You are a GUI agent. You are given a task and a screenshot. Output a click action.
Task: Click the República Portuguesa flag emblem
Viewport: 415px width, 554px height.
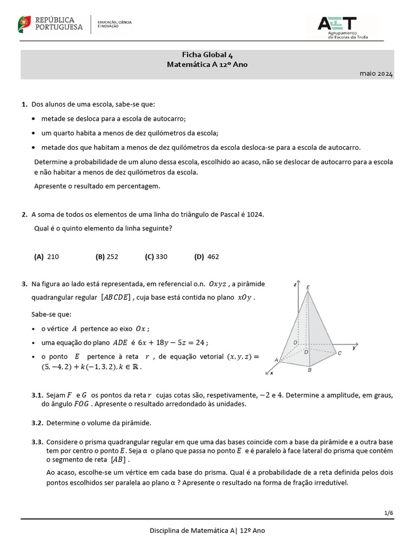tap(24, 23)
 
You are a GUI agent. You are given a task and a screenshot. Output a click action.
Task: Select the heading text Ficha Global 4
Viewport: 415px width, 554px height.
tap(207, 55)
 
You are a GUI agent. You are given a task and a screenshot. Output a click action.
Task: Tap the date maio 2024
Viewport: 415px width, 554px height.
tap(377, 73)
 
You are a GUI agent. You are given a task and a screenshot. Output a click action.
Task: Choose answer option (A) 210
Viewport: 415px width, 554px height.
tap(46, 257)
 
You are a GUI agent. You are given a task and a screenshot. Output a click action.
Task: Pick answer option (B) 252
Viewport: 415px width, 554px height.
tap(106, 257)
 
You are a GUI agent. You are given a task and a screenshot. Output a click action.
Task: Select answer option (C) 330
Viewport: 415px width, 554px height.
tap(156, 257)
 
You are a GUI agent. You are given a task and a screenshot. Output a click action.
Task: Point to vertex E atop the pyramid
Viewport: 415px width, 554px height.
tap(308, 287)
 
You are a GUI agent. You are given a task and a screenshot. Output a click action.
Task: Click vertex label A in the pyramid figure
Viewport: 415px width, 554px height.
tap(277, 360)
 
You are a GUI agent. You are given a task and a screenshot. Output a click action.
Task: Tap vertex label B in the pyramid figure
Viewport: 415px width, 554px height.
tap(309, 371)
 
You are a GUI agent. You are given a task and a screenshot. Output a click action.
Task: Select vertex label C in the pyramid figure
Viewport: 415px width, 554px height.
tap(340, 353)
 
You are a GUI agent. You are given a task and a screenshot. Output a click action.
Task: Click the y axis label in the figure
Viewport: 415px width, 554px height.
tap(354, 348)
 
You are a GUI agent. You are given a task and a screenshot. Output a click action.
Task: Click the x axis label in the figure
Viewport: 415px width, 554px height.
tap(271, 373)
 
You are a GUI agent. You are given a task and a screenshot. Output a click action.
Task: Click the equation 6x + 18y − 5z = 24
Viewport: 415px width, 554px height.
tap(172, 342)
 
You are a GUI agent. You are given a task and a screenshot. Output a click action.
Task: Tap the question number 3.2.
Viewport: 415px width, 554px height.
tap(37, 423)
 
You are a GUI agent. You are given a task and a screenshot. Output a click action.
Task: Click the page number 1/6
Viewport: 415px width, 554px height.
tap(389, 511)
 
